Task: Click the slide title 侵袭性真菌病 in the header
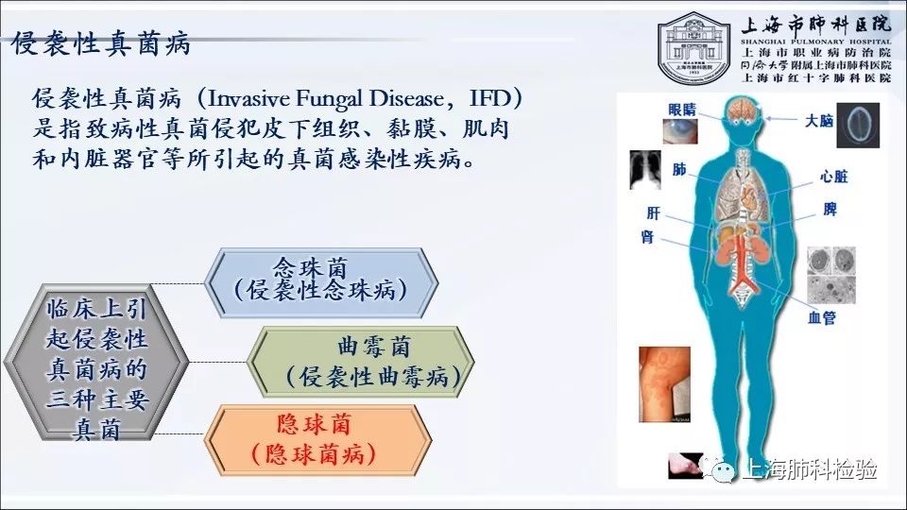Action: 102,43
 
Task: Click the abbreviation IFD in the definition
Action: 490,98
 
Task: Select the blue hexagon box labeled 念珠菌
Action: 321,282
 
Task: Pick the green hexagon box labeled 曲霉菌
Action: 361,362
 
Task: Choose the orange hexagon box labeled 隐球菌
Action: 318,440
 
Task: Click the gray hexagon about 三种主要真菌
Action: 96,363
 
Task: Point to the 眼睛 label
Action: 682,110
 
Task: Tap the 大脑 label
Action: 819,120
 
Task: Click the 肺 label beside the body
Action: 679,169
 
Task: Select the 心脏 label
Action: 833,177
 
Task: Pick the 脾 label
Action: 830,209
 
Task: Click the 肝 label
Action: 653,213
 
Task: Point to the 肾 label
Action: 647,236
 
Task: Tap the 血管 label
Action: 821,317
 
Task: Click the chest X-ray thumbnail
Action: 645,169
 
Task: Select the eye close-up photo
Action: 679,130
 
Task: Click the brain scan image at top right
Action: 859,126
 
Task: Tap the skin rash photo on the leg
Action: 664,384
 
